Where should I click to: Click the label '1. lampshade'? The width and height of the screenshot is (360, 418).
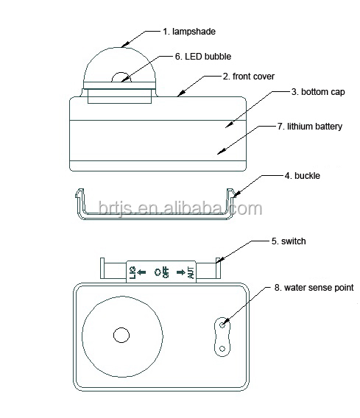189,32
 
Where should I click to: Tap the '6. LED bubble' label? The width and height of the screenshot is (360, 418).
203,57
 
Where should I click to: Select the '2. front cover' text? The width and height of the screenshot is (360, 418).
249,77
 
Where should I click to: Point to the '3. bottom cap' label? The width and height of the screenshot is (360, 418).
318,92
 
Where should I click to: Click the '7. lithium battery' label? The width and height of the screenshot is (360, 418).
310,127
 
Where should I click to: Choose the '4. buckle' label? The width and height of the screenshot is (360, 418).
302,176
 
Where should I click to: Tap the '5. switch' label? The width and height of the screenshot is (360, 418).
289,241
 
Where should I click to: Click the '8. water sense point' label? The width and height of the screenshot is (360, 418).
314,288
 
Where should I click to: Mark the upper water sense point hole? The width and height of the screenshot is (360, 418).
222,325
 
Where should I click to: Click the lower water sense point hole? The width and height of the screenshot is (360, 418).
222,348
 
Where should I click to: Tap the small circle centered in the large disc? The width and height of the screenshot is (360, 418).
121,335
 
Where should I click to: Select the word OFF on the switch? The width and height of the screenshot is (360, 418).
166,272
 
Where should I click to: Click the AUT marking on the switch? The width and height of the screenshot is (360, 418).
191,272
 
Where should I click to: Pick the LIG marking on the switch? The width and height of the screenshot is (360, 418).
133,272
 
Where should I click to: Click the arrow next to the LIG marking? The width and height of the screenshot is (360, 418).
141,272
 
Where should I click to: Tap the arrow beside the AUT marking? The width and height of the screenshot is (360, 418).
181,272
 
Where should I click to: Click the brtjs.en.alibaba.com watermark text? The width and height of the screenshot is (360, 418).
180,208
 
